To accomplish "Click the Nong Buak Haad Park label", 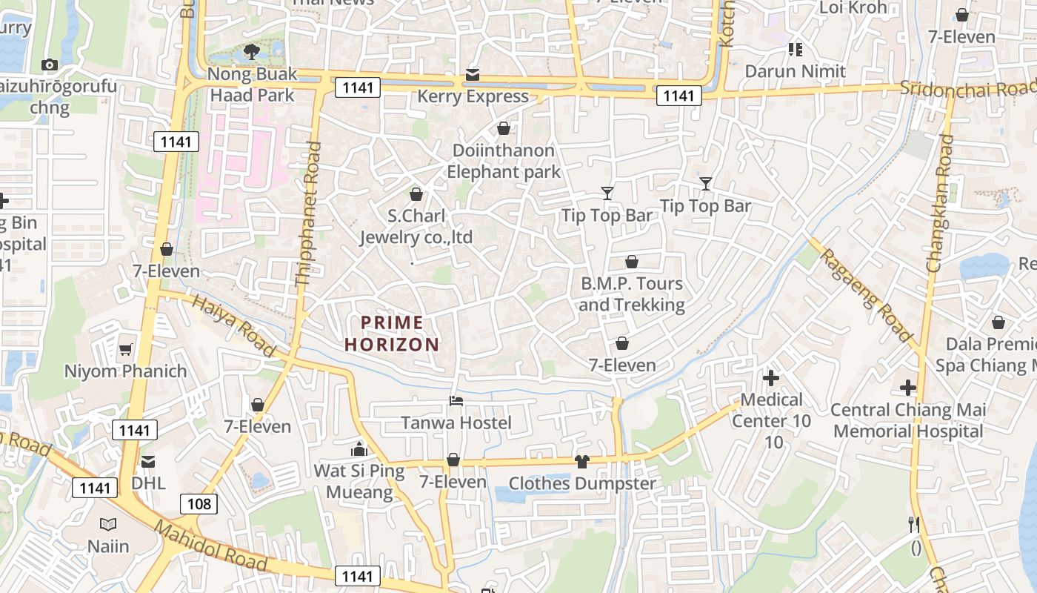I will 252,85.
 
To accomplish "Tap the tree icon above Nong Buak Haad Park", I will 252,52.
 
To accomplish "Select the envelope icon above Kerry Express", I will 473,75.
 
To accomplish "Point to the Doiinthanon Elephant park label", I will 503,161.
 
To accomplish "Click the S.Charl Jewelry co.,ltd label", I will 416,227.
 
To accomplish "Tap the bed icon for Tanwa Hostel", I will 456,401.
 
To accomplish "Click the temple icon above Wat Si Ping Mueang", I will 359,449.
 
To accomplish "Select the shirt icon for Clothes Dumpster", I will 581,462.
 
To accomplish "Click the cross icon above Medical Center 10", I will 771,378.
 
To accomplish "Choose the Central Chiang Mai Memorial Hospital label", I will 908,420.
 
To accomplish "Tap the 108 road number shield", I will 199,505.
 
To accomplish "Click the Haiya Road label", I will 233,325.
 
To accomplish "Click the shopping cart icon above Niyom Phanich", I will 126,349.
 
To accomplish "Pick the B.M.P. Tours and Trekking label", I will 632,294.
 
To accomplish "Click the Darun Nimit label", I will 795,71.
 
